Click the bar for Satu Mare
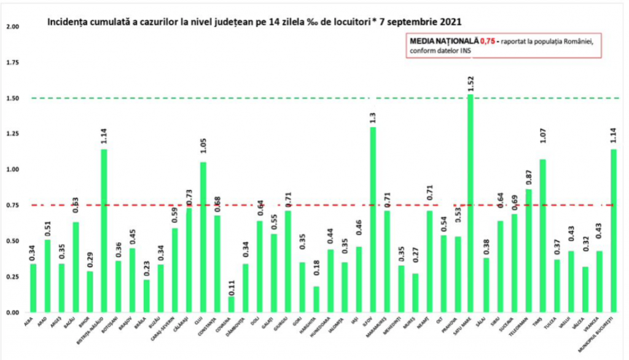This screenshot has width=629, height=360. [471, 203]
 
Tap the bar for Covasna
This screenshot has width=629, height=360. [231, 304]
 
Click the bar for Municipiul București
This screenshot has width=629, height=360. [614, 230]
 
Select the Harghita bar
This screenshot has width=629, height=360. [316, 299]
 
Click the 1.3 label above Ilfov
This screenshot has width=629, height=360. [373, 117]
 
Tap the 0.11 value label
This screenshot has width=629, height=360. [231, 287]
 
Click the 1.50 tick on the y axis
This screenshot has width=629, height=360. [12, 98]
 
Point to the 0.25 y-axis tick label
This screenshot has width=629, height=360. [12, 277]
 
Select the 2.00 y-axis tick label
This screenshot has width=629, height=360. [12, 27]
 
